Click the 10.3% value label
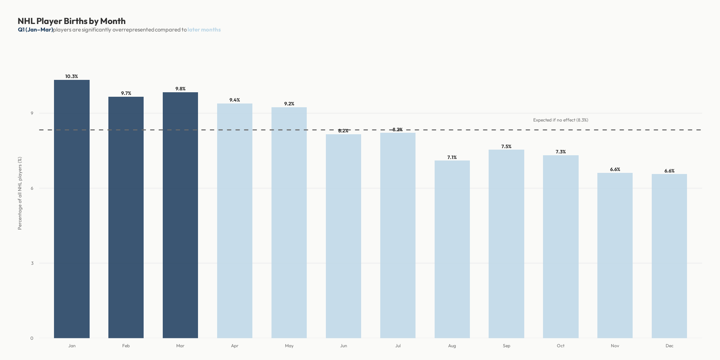click(x=72, y=76)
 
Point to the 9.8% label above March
click(x=180, y=89)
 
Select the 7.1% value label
click(x=452, y=157)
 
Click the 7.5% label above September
click(x=506, y=147)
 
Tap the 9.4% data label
click(x=235, y=100)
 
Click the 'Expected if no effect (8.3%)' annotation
click(x=561, y=120)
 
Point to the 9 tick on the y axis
click(x=32, y=113)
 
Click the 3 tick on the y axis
click(x=32, y=263)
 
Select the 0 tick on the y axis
click(x=32, y=338)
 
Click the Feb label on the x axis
click(x=126, y=346)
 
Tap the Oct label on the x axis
click(x=561, y=346)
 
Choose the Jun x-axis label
click(x=343, y=346)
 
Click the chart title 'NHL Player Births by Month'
click(x=72, y=21)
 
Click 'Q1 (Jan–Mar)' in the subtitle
click(x=35, y=30)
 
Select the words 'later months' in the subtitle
click(x=204, y=30)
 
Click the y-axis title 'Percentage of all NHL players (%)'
click(x=20, y=193)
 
